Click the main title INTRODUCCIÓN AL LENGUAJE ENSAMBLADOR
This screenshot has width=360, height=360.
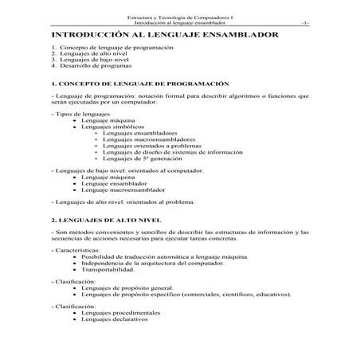pyautogui.click(x=164, y=37)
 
